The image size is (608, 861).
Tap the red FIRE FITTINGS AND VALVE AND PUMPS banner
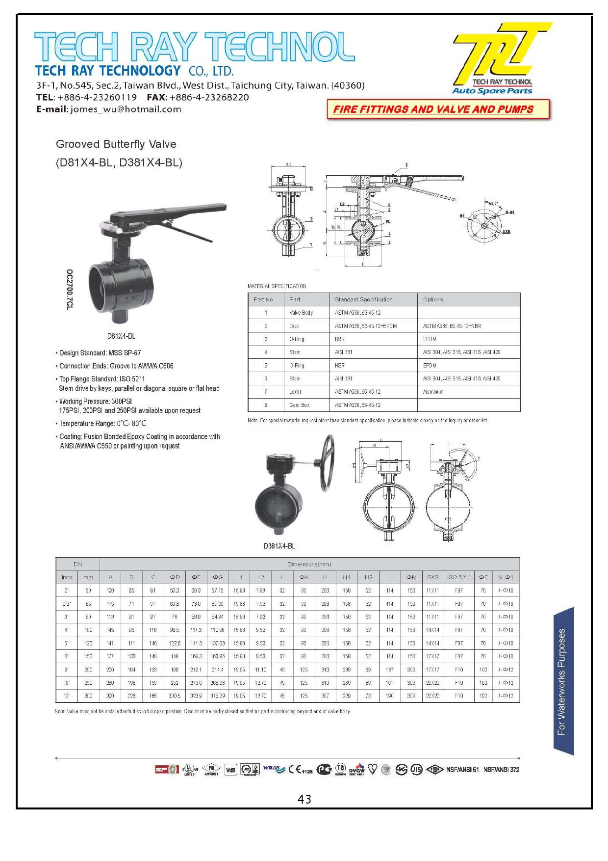point(437,109)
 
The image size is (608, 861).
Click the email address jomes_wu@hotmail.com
point(126,109)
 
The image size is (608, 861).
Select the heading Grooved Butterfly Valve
point(116,144)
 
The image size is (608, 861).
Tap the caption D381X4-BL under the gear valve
point(279,546)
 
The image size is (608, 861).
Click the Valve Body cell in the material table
point(301,313)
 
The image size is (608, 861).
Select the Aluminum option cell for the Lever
point(433,392)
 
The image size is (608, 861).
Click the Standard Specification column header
point(363,299)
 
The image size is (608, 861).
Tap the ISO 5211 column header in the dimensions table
point(458,577)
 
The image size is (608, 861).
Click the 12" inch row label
point(67,696)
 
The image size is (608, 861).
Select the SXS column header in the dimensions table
point(432,577)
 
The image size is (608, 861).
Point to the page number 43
point(304,800)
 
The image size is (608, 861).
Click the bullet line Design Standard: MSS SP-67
point(100,353)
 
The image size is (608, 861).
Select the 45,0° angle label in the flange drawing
point(493,202)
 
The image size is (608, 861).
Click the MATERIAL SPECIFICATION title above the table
point(277,286)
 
